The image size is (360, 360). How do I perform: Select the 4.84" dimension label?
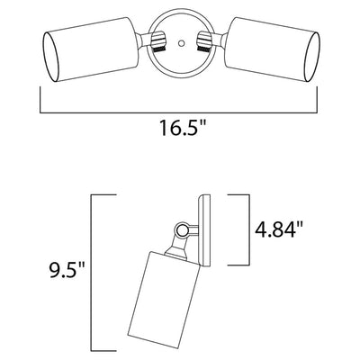(279, 229)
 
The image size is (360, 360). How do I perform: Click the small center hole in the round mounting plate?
(181, 43)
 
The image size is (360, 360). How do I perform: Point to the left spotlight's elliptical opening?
(51, 57)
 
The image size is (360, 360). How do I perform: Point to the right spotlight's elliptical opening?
(312, 56)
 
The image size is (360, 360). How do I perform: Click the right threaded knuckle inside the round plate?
(204, 41)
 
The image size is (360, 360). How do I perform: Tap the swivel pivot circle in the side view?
(181, 230)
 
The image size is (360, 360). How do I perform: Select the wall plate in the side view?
(204, 230)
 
